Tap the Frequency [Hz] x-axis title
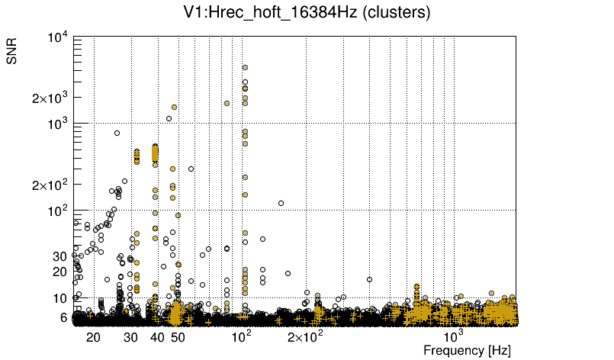tap(467, 350)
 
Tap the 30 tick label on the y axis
tap(61, 256)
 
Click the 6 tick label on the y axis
tap(64, 317)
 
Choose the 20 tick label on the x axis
tap(93, 336)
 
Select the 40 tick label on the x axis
tap(157, 336)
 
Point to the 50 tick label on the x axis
tap(178, 336)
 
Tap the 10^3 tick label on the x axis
tap(454, 336)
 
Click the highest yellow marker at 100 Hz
tap(245, 68)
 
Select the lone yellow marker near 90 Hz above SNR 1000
tap(227, 103)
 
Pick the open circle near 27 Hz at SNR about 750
tap(117, 133)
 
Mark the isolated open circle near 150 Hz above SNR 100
tap(281, 203)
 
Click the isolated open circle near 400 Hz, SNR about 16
tap(369, 279)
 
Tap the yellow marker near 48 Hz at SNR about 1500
tap(174, 108)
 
